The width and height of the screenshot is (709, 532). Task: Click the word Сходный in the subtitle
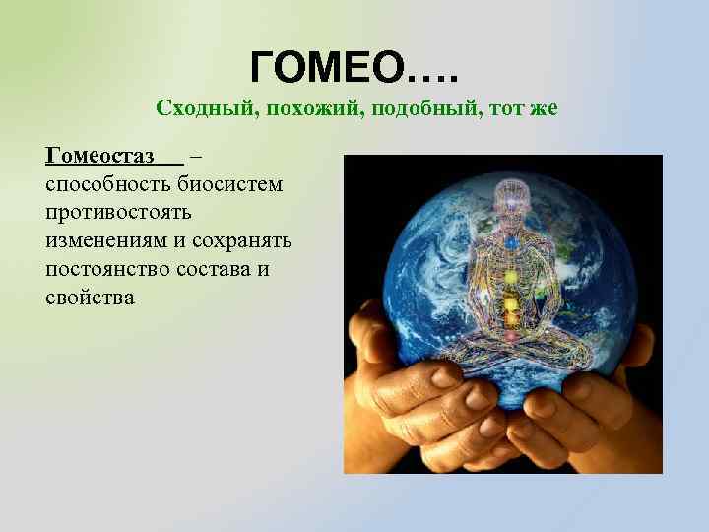(x=193, y=108)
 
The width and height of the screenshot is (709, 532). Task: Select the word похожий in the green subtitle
(x=290, y=108)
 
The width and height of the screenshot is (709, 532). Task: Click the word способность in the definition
(x=108, y=183)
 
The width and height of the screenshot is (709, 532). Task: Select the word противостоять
(x=117, y=212)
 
